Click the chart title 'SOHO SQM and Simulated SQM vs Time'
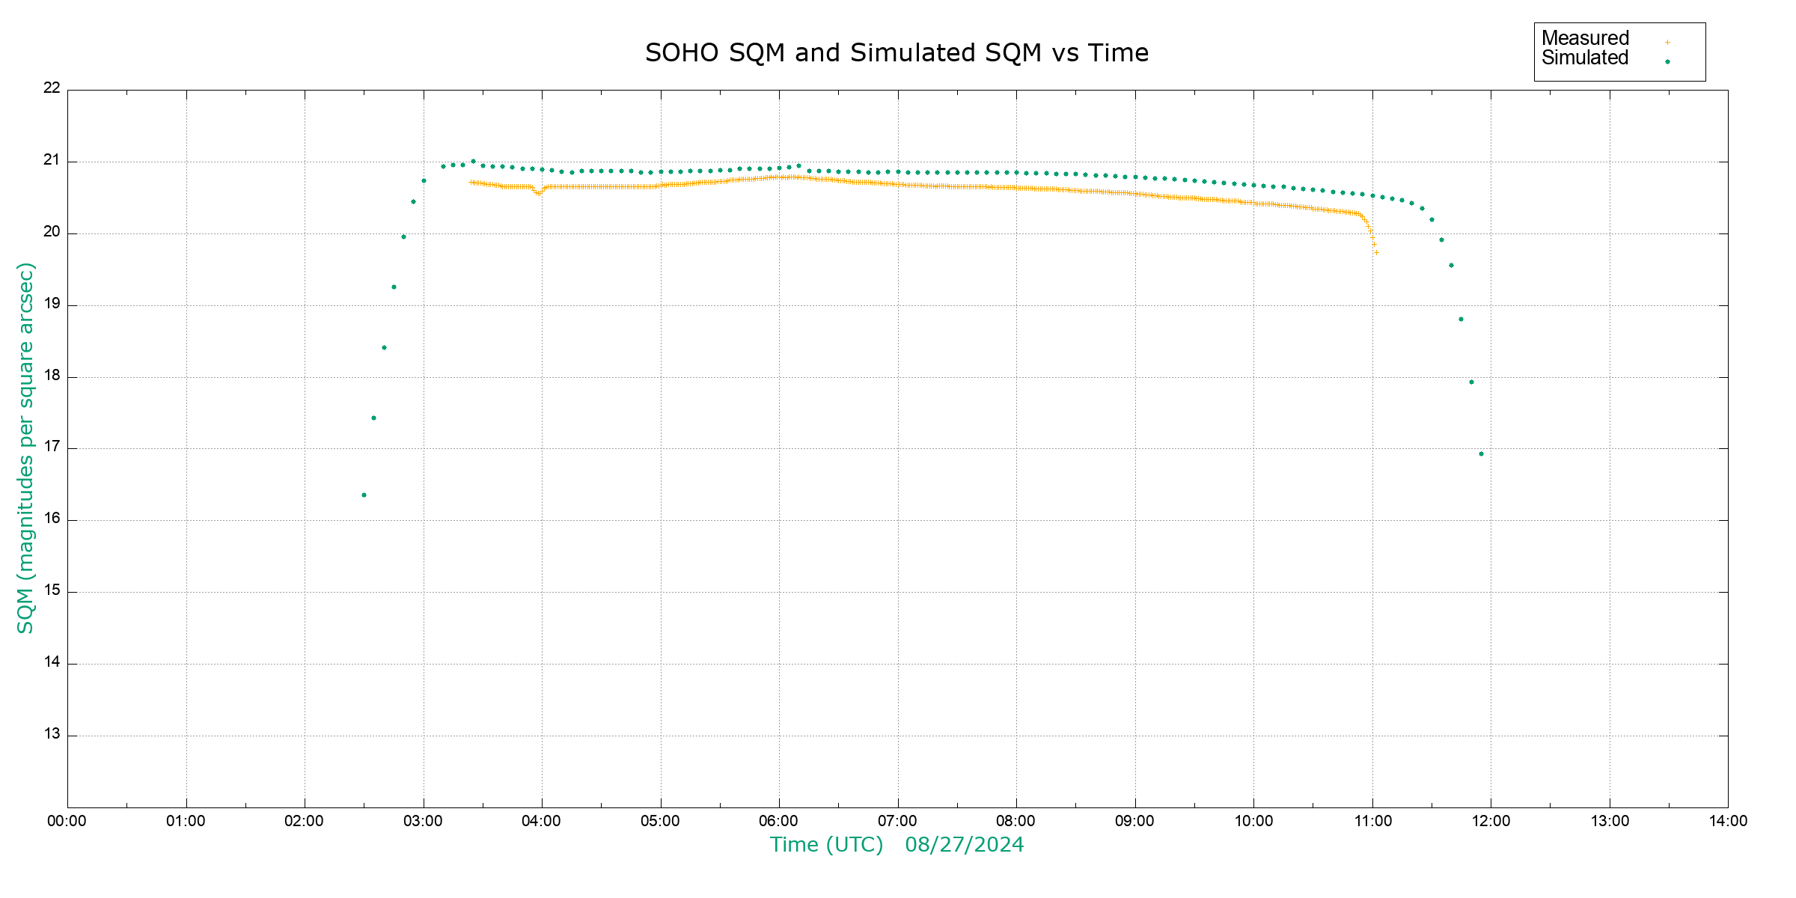coord(897,53)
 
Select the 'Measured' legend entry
coord(1585,38)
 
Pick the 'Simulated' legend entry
coord(1585,58)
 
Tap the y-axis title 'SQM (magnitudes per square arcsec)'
coord(25,448)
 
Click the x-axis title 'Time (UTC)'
coord(826,845)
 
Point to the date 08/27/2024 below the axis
coord(964,845)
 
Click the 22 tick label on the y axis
coord(52,88)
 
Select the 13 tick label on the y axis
coord(52,734)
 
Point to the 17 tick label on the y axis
coord(52,448)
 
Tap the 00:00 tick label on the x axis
coord(67,821)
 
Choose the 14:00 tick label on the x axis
coord(1728,821)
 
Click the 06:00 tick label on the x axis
coord(778,821)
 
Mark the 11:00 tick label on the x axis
coord(1372,821)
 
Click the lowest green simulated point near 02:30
coord(364,495)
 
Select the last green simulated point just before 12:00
coord(1481,453)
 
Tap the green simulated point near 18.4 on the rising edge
coord(384,347)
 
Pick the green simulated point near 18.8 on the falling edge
coord(1461,319)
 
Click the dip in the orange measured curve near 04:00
coord(538,194)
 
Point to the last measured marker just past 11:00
coord(1376,252)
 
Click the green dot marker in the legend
coord(1667,61)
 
